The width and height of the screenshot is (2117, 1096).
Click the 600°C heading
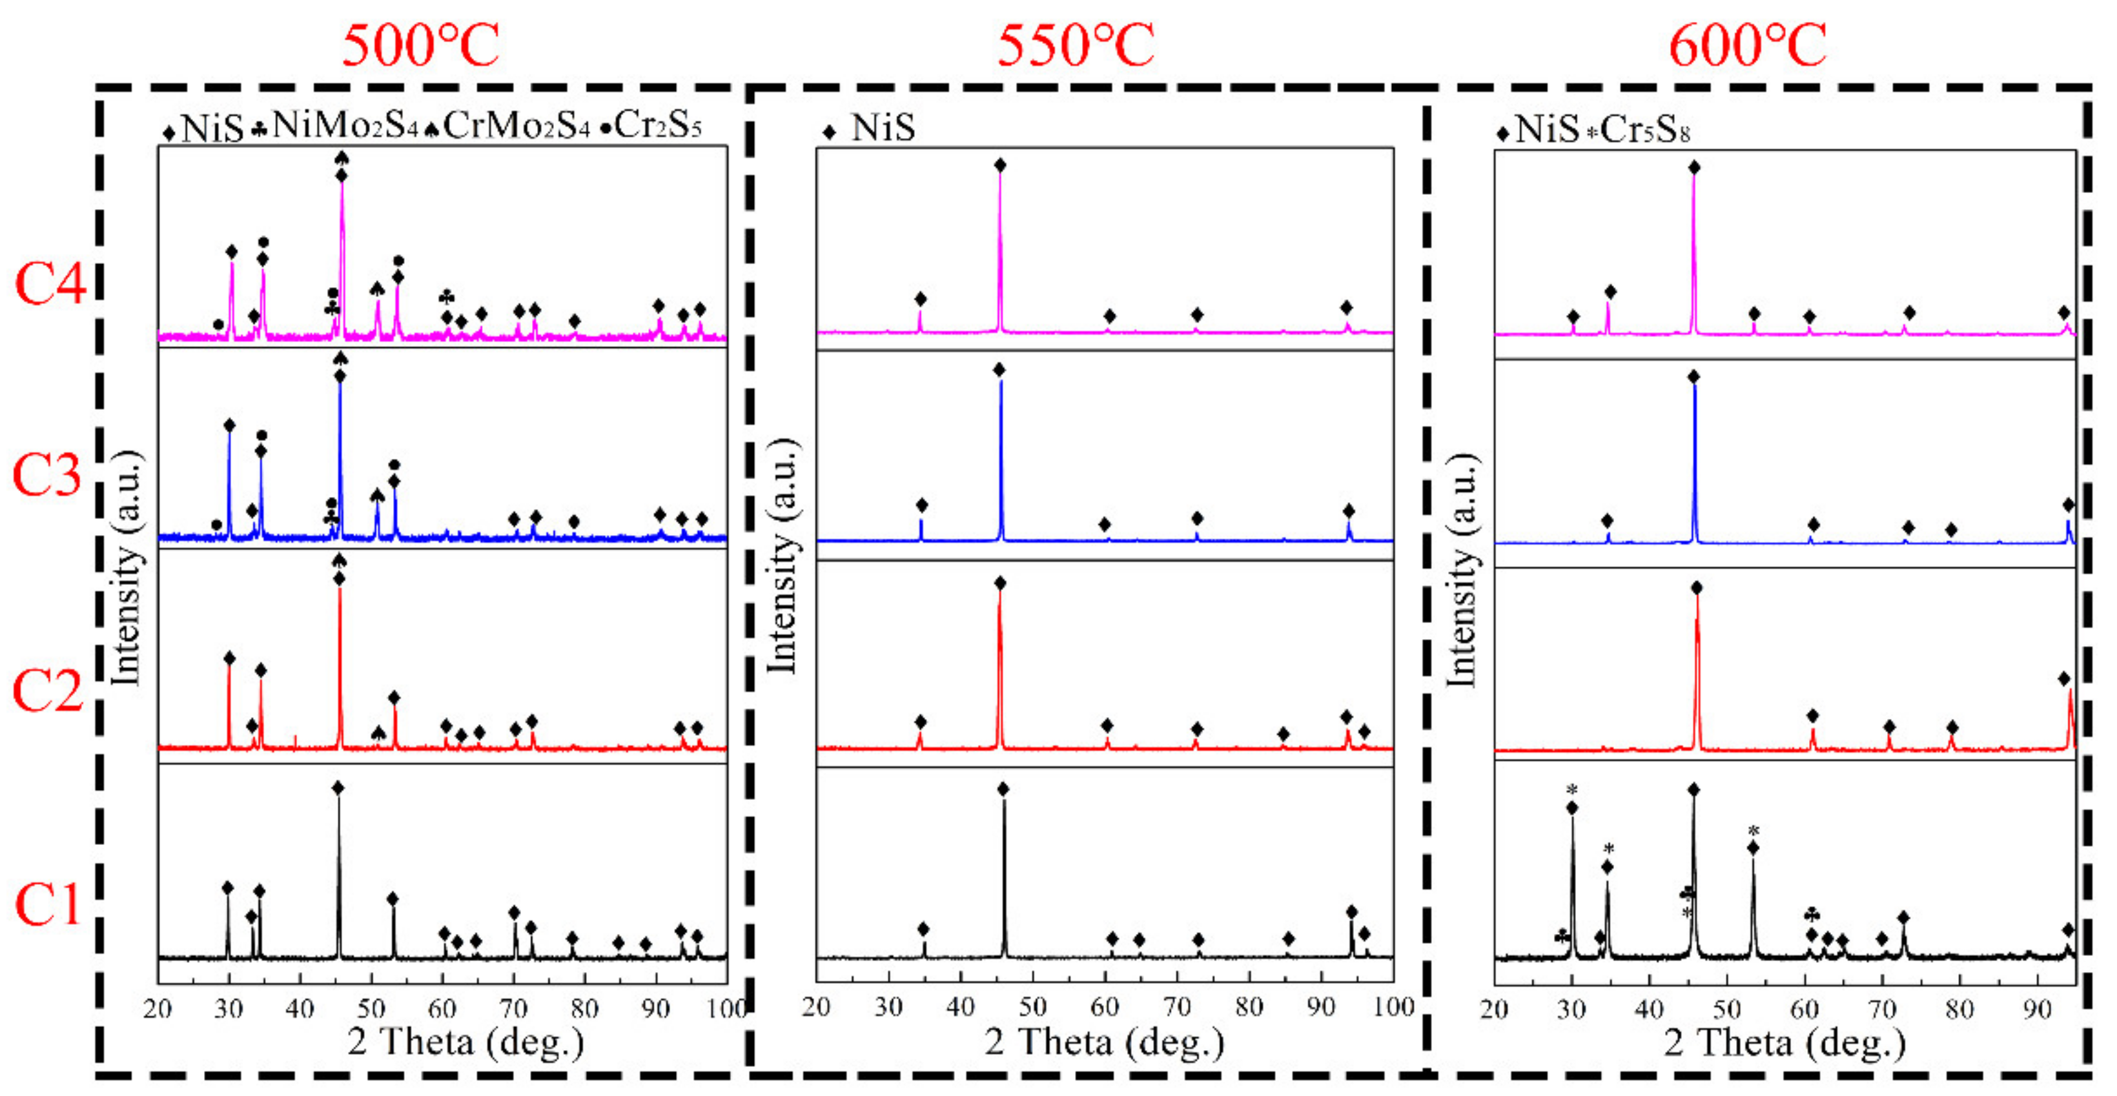pyautogui.click(x=1747, y=45)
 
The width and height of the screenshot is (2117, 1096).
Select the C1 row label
pyautogui.click(x=48, y=904)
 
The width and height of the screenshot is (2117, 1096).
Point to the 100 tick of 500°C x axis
pyautogui.click(x=726, y=1008)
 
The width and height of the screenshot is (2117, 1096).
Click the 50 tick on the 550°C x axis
pyautogui.click(x=1032, y=1008)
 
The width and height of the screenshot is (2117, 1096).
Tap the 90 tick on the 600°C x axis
pyautogui.click(x=2036, y=1009)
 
